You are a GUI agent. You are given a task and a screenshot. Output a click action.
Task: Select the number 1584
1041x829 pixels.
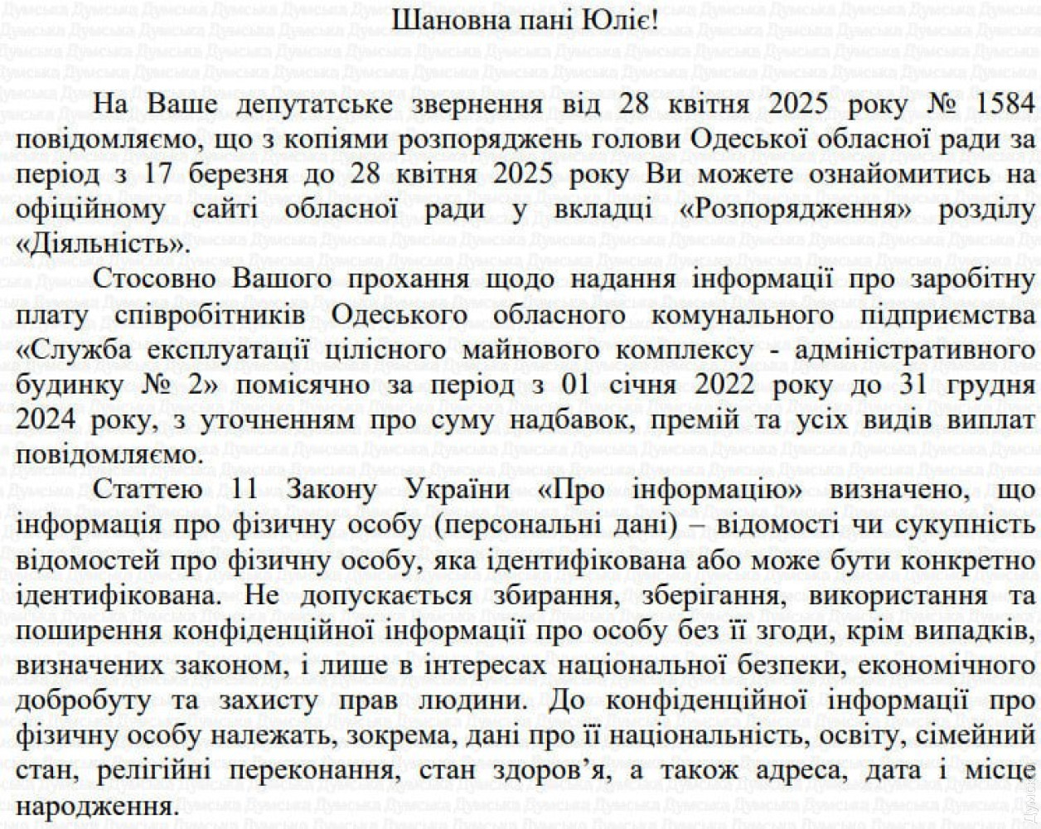(1002, 104)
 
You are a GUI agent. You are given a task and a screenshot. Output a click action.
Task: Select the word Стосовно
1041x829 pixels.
(154, 281)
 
